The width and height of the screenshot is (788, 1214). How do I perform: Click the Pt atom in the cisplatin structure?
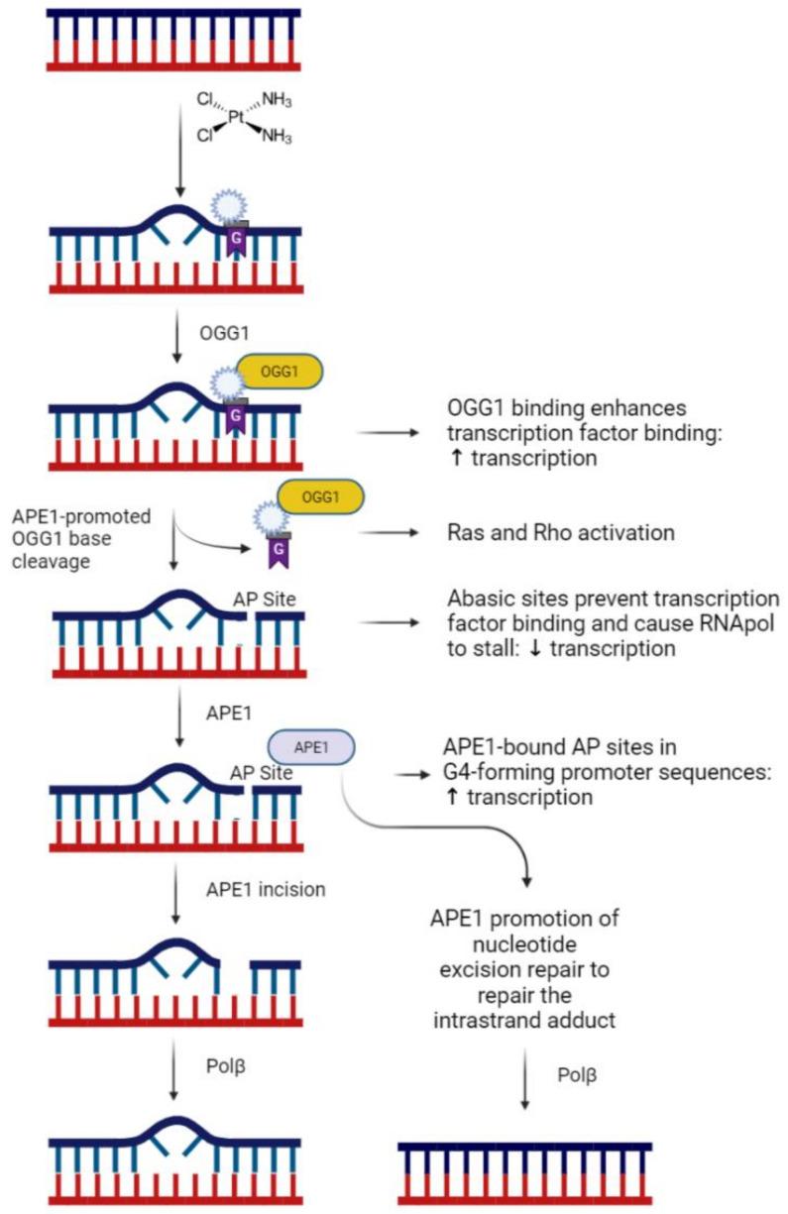pos(235,116)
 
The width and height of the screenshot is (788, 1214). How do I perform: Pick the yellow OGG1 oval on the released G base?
pos(320,495)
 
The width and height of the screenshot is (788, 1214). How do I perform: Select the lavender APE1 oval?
pos(311,747)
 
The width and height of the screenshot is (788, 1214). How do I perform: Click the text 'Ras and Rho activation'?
pos(561,533)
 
